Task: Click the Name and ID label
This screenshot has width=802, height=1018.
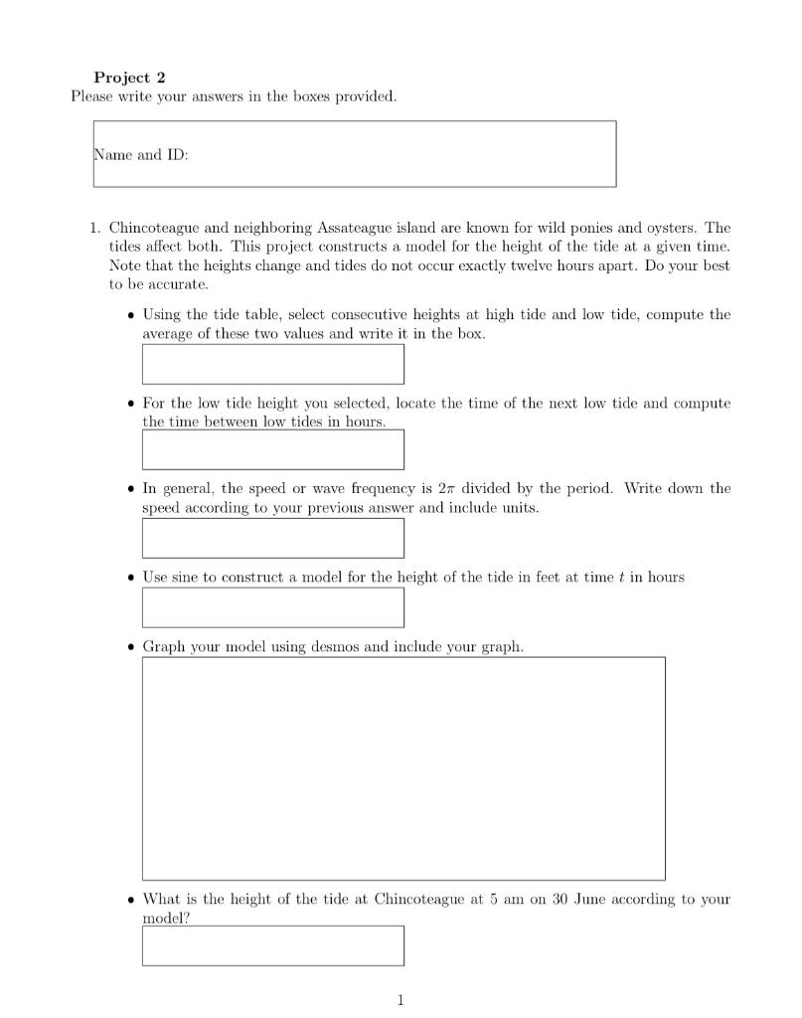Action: [141, 155]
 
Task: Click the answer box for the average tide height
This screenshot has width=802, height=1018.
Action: [272, 364]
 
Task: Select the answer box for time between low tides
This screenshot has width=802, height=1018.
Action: [272, 449]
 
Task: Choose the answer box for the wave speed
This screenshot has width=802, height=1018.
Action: [272, 538]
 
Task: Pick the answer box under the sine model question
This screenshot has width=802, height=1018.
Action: [272, 607]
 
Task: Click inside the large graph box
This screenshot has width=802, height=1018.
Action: [403, 767]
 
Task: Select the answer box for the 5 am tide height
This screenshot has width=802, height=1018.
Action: [272, 945]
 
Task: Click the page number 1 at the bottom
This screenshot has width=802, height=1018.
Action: [401, 1000]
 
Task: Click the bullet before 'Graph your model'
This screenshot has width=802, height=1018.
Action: [131, 647]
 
